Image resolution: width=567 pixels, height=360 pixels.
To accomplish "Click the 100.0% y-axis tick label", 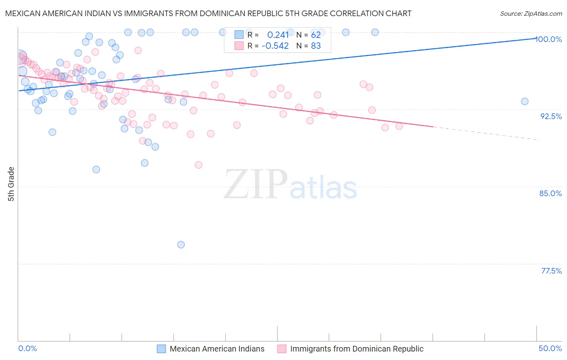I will tap(549, 39).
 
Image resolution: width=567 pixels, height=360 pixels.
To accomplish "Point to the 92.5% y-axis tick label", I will tap(551, 116).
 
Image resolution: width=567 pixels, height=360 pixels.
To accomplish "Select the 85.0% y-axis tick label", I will tap(550, 193).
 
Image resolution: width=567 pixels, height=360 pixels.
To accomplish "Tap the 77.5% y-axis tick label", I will tap(551, 271).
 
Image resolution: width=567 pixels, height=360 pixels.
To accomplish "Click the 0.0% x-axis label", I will tap(27, 348).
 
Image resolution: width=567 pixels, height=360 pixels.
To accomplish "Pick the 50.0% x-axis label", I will tap(550, 348).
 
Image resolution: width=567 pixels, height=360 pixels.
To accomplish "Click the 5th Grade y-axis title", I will tap(11, 184).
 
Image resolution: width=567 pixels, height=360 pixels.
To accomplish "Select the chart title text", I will tap(208, 13).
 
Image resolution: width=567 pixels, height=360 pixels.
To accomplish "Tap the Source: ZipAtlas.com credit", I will tap(531, 14).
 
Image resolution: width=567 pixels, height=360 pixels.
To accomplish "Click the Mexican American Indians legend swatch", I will tap(161, 349).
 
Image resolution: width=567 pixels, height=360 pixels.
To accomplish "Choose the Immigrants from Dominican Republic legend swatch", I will tap(282, 349).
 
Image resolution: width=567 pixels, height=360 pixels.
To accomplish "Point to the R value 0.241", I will tap(278, 35).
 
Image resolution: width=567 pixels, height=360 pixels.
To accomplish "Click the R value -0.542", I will tap(275, 46).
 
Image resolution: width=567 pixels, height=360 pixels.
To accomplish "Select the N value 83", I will tap(316, 46).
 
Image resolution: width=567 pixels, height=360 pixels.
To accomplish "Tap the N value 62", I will tap(316, 35).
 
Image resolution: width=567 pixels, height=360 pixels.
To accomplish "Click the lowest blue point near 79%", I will tap(181, 245).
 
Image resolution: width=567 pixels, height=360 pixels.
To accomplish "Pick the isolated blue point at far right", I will tap(525, 101).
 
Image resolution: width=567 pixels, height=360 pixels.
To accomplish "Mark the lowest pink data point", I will tap(198, 165).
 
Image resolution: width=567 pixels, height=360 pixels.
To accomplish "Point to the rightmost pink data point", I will tap(399, 126).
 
